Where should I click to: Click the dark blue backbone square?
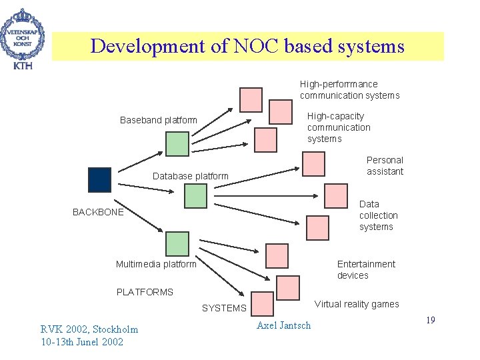(x=99, y=179)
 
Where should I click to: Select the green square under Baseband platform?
(x=177, y=144)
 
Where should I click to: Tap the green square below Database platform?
(x=195, y=195)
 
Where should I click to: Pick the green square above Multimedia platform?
(x=177, y=243)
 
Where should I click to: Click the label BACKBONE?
(x=98, y=213)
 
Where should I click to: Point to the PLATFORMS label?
(x=145, y=292)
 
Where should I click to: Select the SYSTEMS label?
(x=224, y=308)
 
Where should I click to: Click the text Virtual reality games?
(x=357, y=304)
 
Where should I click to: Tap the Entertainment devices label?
(x=365, y=270)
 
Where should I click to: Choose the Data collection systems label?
(x=378, y=215)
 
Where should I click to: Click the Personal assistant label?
(x=385, y=165)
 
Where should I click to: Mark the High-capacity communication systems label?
(x=338, y=127)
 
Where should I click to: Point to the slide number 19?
(x=430, y=321)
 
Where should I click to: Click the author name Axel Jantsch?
(x=283, y=325)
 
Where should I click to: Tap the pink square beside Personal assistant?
(x=314, y=163)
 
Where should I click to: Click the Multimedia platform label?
(x=156, y=264)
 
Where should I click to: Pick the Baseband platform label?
(x=159, y=120)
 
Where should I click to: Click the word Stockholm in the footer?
(x=114, y=329)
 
